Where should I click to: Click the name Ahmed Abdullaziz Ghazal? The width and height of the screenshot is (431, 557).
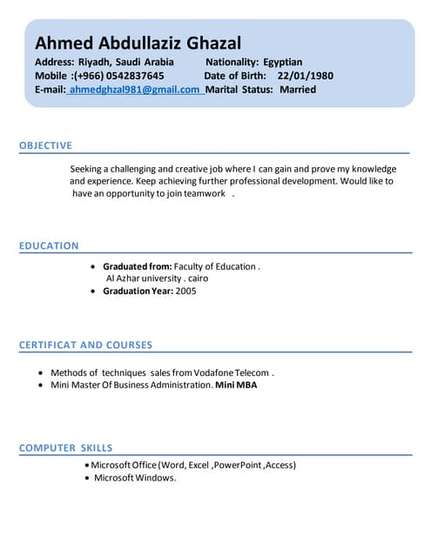pyautogui.click(x=138, y=44)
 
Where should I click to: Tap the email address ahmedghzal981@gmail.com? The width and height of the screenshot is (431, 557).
pyautogui.click(x=134, y=90)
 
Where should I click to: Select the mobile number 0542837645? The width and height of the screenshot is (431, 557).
pyautogui.click(x=129, y=76)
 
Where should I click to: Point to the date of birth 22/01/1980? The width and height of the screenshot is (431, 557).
pyautogui.click(x=305, y=76)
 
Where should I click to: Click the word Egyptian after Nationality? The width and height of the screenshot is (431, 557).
pyautogui.click(x=282, y=62)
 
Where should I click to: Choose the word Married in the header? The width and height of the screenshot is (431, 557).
pyautogui.click(x=298, y=90)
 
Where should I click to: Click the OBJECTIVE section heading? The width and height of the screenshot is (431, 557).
pyautogui.click(x=45, y=145)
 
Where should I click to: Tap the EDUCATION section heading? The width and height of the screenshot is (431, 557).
pyautogui.click(x=49, y=245)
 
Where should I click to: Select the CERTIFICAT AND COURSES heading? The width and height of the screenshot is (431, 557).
pyautogui.click(x=85, y=346)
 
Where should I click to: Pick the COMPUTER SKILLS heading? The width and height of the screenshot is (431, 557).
pyautogui.click(x=65, y=447)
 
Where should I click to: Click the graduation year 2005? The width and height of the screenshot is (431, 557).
pyautogui.click(x=185, y=291)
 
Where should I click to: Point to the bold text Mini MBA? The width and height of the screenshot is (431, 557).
pyautogui.click(x=236, y=384)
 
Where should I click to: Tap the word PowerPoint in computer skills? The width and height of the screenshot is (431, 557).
pyautogui.click(x=238, y=465)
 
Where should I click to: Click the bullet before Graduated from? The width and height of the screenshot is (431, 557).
pyautogui.click(x=94, y=266)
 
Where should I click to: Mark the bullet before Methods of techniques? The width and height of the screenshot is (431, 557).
pyautogui.click(x=41, y=372)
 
